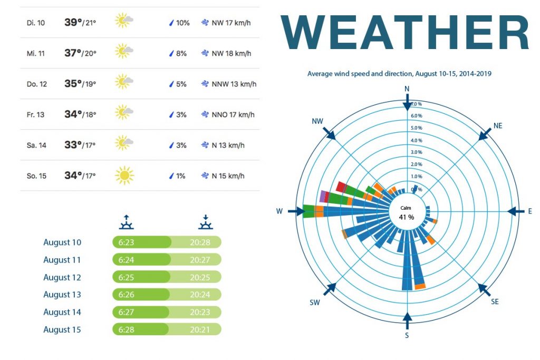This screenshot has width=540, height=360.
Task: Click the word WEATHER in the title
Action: tap(405, 33)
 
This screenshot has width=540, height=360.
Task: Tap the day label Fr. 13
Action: tap(35, 114)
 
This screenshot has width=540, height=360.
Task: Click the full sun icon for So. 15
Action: tap(124, 176)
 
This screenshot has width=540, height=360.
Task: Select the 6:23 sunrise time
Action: tap(126, 242)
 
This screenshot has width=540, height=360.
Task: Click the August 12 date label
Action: tap(62, 277)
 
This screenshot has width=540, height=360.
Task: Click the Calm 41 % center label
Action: tap(406, 213)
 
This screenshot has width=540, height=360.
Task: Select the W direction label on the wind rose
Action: tap(279, 211)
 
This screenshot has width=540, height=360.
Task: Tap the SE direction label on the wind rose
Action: tap(495, 301)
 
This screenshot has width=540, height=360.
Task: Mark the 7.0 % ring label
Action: tap(416, 104)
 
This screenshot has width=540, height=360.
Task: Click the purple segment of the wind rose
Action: tap(323, 197)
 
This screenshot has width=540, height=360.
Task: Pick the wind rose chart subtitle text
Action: tap(399, 74)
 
